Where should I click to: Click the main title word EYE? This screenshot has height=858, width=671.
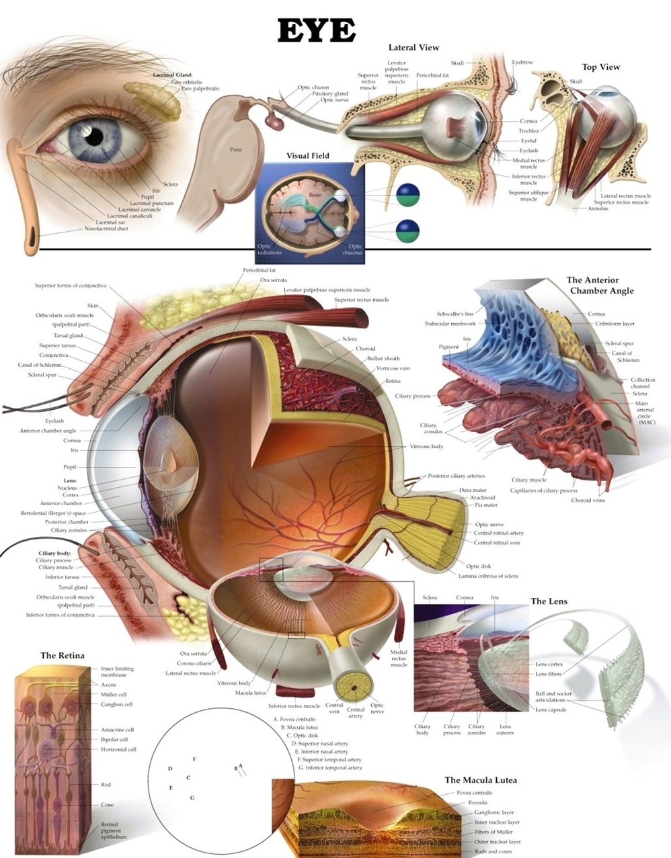[316, 31]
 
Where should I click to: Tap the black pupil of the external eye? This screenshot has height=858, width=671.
[94, 136]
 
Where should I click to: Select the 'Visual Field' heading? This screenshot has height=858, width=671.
[308, 156]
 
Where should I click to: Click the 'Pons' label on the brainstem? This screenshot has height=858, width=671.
[235, 150]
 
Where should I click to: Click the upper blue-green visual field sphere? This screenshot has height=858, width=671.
[407, 195]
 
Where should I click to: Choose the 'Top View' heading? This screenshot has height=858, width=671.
[600, 67]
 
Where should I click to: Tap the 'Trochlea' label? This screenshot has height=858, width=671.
[528, 131]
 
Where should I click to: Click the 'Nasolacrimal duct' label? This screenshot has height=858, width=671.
[106, 228]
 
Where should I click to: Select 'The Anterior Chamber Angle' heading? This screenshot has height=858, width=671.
[600, 286]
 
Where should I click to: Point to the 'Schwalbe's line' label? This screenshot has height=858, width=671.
[455, 314]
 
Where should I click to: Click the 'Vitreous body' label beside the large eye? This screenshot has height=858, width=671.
[426, 447]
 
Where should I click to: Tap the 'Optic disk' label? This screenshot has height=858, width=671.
[483, 566]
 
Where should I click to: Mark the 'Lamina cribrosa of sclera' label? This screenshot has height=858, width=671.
[488, 576]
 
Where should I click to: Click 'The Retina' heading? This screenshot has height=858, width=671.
[63, 656]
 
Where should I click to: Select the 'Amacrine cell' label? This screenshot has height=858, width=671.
[117, 730]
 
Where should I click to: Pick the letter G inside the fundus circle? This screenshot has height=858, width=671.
[192, 798]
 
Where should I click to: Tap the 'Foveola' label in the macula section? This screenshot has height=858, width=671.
[477, 803]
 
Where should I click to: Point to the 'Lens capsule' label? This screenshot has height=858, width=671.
[551, 710]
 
